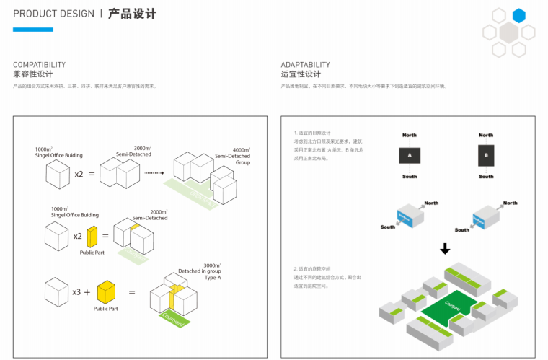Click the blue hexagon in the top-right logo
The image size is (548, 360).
(x=518, y=16)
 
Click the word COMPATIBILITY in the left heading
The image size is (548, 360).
(x=39, y=65)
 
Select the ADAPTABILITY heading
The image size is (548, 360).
(x=305, y=65)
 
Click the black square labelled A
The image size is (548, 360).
(x=409, y=155)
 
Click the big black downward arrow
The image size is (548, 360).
(x=445, y=249)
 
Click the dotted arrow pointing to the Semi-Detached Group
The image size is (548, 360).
(x=154, y=173)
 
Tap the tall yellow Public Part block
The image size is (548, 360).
(x=92, y=237)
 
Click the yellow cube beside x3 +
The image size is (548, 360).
(x=106, y=292)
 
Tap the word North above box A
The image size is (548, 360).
(x=409, y=135)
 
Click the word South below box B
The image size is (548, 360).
(x=486, y=177)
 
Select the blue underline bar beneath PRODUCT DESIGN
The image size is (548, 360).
(x=32, y=30)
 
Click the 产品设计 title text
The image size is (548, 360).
(x=132, y=14)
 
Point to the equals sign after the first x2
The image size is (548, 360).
(x=92, y=174)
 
